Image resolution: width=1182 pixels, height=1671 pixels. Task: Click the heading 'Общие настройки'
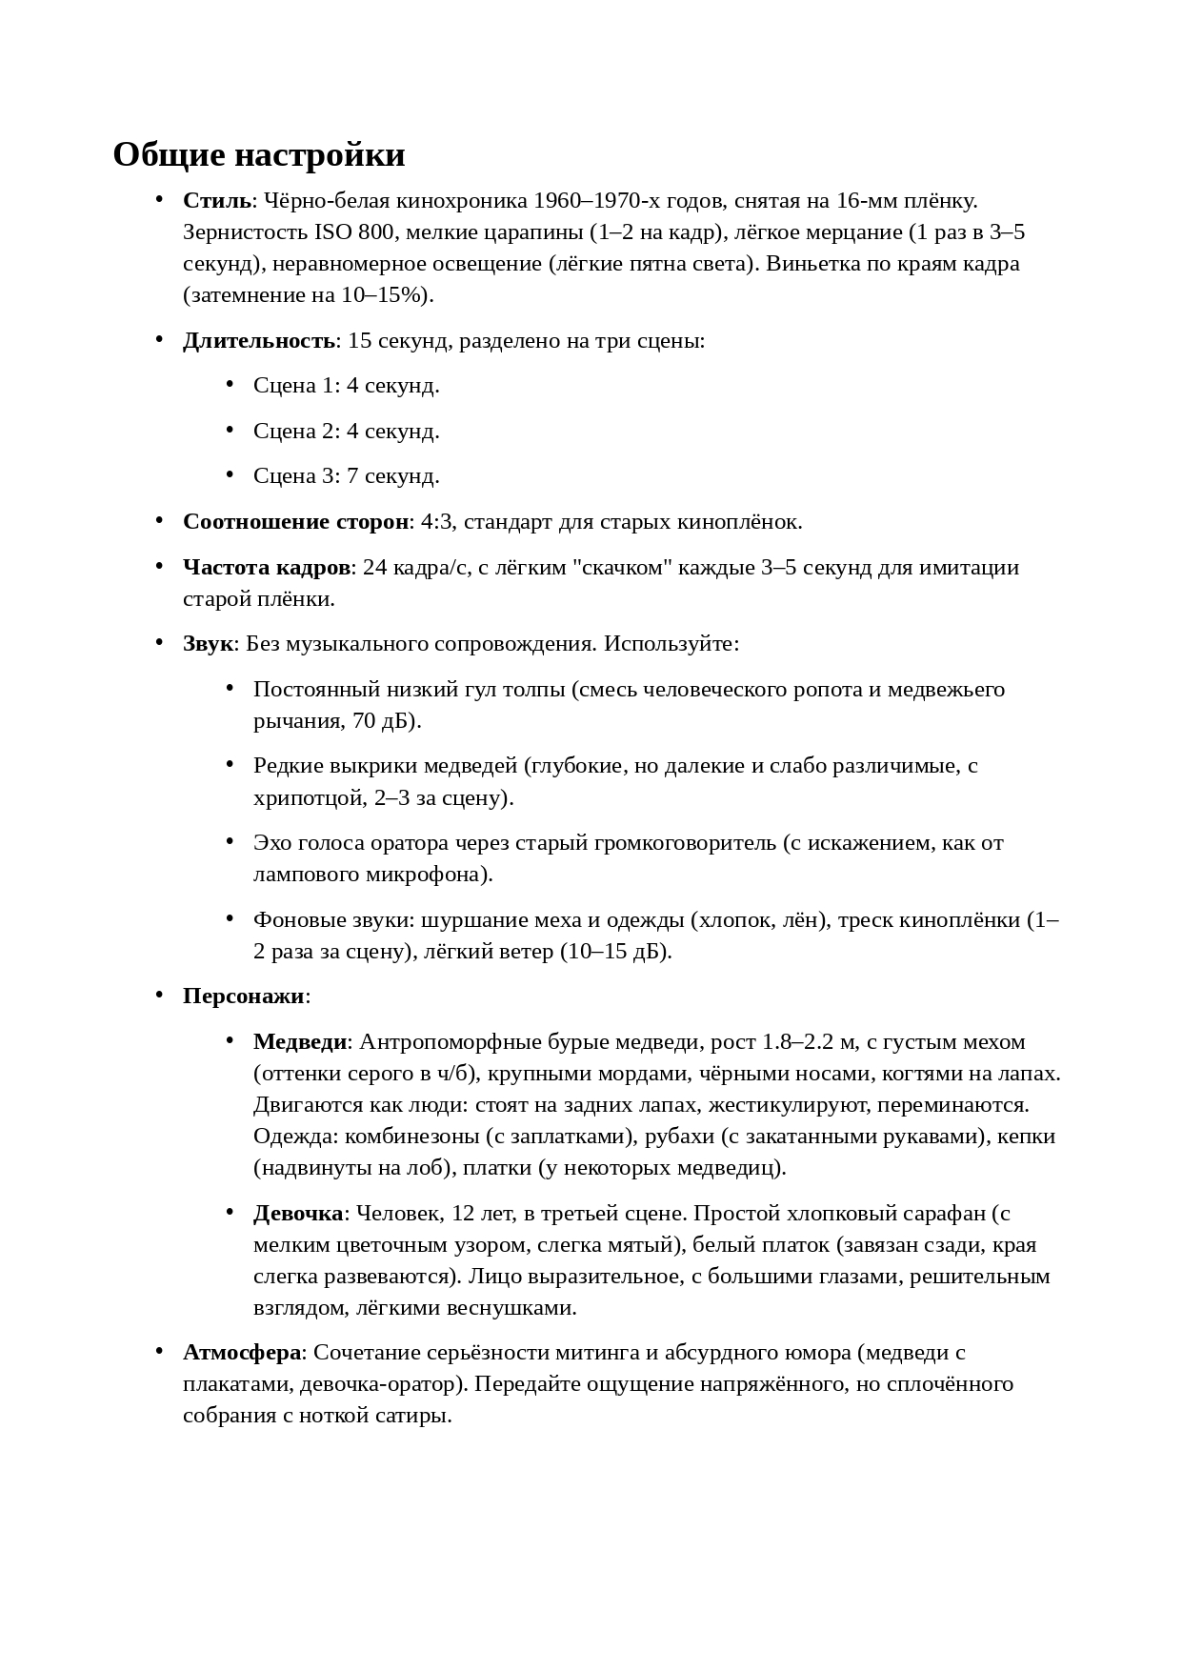point(259,154)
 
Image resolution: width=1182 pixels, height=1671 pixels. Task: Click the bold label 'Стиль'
point(217,201)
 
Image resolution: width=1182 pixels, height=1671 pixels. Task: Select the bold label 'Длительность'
point(259,341)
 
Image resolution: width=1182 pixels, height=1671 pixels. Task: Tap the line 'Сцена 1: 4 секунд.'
point(346,386)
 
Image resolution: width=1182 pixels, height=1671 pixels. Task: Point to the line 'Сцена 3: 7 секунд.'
point(346,476)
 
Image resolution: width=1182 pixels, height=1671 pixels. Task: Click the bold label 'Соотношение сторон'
point(295,522)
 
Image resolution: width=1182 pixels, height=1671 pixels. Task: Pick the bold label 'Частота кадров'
point(267,568)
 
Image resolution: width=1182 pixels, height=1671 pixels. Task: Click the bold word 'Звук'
point(208,644)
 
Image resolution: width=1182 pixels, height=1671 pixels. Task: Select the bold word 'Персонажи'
point(244,997)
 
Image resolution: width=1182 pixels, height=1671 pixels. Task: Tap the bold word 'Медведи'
point(300,1042)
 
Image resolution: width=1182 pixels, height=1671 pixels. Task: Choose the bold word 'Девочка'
point(298,1214)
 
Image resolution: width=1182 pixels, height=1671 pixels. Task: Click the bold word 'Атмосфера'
point(242,1353)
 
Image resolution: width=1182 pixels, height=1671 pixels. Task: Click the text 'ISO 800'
point(352,232)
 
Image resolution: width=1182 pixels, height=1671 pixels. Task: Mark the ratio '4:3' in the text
point(436,522)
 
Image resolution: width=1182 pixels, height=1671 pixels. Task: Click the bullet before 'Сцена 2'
point(230,430)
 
